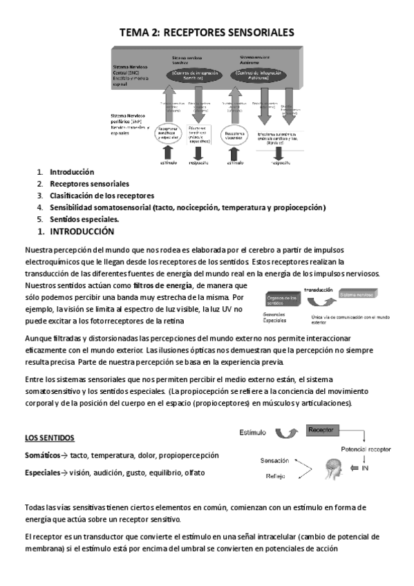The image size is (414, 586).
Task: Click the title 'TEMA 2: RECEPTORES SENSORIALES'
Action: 207,32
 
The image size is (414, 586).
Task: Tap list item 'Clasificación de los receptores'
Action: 102,196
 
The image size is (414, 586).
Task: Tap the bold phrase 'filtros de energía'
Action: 164,285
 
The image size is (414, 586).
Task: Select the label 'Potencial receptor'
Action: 370,449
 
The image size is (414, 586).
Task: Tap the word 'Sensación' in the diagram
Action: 274,460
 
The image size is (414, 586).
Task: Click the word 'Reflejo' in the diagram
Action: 275,476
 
